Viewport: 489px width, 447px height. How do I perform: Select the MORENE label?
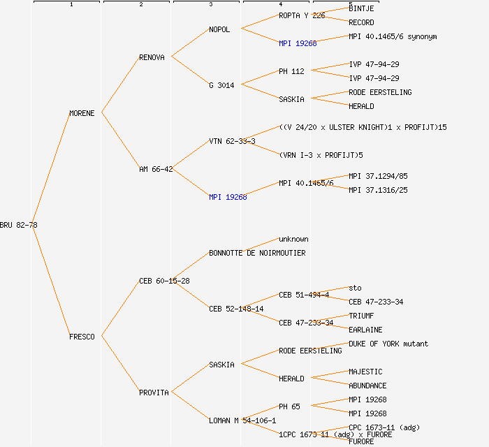82,113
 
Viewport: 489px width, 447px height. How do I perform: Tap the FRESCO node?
82,337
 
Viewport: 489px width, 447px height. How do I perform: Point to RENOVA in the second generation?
152,57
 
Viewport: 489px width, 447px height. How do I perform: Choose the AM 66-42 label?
156,169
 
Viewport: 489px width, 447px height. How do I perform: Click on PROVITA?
154,393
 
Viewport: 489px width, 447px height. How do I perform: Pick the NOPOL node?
219,29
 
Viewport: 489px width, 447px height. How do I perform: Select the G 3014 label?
221,85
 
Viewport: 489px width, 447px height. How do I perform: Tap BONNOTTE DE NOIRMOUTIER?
257,253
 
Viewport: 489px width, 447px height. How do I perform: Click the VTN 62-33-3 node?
232,141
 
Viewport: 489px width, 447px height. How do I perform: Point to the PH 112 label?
292,71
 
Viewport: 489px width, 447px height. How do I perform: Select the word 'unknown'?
293,239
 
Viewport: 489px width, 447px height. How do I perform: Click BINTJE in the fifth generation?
361,8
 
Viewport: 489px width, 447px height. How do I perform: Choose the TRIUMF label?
361,316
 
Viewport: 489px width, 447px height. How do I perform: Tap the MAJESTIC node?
365,372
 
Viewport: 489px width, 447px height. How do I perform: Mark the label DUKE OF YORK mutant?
388,344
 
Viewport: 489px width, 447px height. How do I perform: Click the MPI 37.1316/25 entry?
378,190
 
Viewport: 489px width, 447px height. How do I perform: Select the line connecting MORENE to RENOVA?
120,85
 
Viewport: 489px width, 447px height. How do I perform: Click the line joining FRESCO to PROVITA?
120,365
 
